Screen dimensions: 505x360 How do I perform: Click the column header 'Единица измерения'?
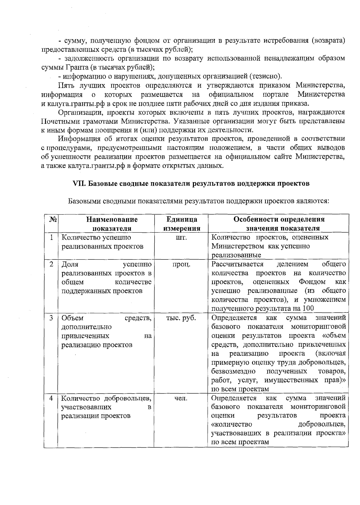coord(181,224)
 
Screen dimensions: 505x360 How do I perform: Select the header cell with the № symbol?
coord(51,219)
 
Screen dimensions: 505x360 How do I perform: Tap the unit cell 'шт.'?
coord(181,237)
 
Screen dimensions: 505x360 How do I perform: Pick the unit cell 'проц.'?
coord(181,264)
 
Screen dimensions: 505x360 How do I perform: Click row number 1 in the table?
coord(51,237)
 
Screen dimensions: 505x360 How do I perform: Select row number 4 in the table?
coord(51,398)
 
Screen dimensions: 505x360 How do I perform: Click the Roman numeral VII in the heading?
coord(80,183)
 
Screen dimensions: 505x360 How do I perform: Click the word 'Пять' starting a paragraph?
coord(67,86)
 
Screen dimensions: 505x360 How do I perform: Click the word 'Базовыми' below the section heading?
coord(82,201)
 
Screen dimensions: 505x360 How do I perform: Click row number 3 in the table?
coord(51,318)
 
